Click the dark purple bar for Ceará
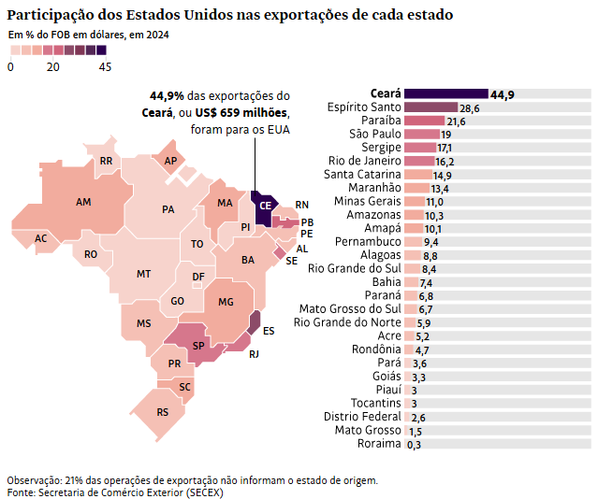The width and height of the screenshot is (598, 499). pos(445,94)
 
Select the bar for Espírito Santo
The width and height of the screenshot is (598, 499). pos(430,108)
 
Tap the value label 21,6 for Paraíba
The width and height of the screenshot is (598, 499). pos(456,121)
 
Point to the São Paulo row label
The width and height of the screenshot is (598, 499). pos(375,135)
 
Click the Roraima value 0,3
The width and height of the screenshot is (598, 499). pos(414,444)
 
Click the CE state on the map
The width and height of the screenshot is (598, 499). pos(264,206)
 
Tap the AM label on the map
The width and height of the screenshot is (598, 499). pos(83,202)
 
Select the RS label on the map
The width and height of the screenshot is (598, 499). pos(163,411)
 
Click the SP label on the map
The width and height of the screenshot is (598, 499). pos(198,346)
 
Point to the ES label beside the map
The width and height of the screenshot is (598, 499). pos(269,331)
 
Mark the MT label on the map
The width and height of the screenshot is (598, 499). pos(143,274)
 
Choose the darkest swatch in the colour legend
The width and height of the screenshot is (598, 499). pos(101,50)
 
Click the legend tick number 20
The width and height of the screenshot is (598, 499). pos(53,67)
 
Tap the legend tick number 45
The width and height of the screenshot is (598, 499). pos(104,67)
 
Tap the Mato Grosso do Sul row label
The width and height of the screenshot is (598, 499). pos(349,309)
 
